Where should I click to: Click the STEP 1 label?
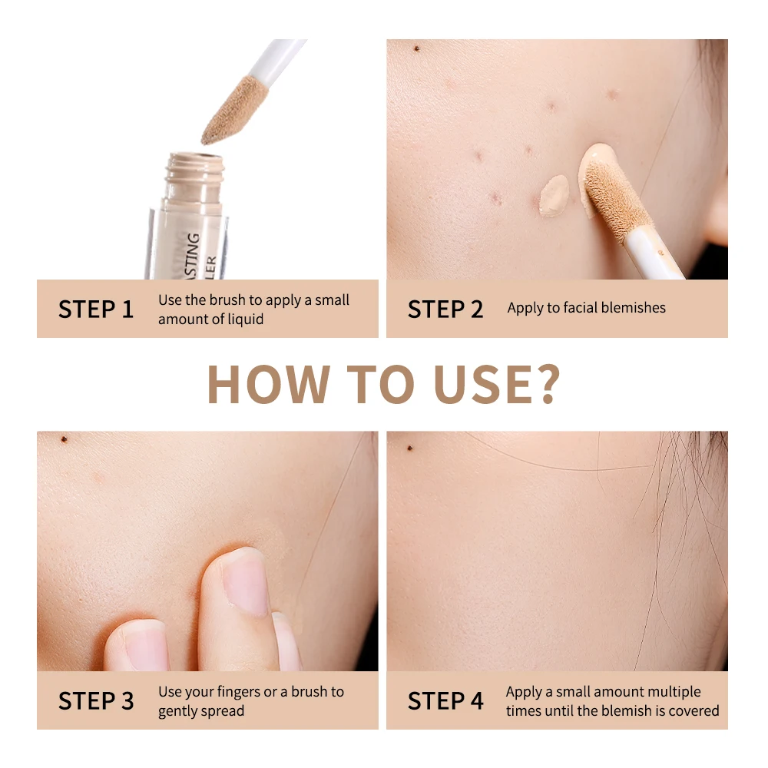point(96,310)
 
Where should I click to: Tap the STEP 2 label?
point(445,310)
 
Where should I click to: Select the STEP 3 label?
point(96,700)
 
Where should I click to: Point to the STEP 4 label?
point(445,700)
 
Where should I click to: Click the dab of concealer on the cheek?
point(553,195)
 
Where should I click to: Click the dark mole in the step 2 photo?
point(417,49)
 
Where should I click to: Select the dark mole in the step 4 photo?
point(410,447)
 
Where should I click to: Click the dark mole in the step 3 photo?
point(64,439)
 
